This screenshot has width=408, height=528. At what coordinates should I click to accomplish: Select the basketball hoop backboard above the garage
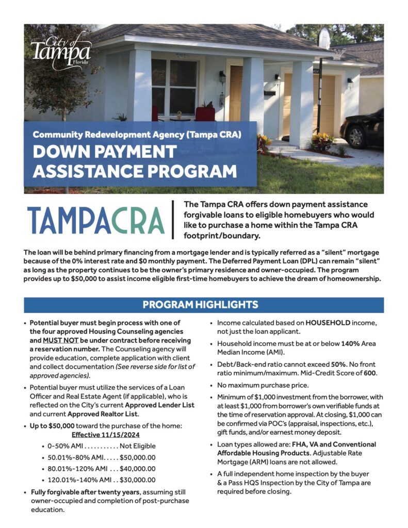click(x=324, y=39)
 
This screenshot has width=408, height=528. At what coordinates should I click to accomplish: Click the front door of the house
click(x=236, y=93)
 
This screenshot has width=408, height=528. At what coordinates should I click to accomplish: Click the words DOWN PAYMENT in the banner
click(x=105, y=152)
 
